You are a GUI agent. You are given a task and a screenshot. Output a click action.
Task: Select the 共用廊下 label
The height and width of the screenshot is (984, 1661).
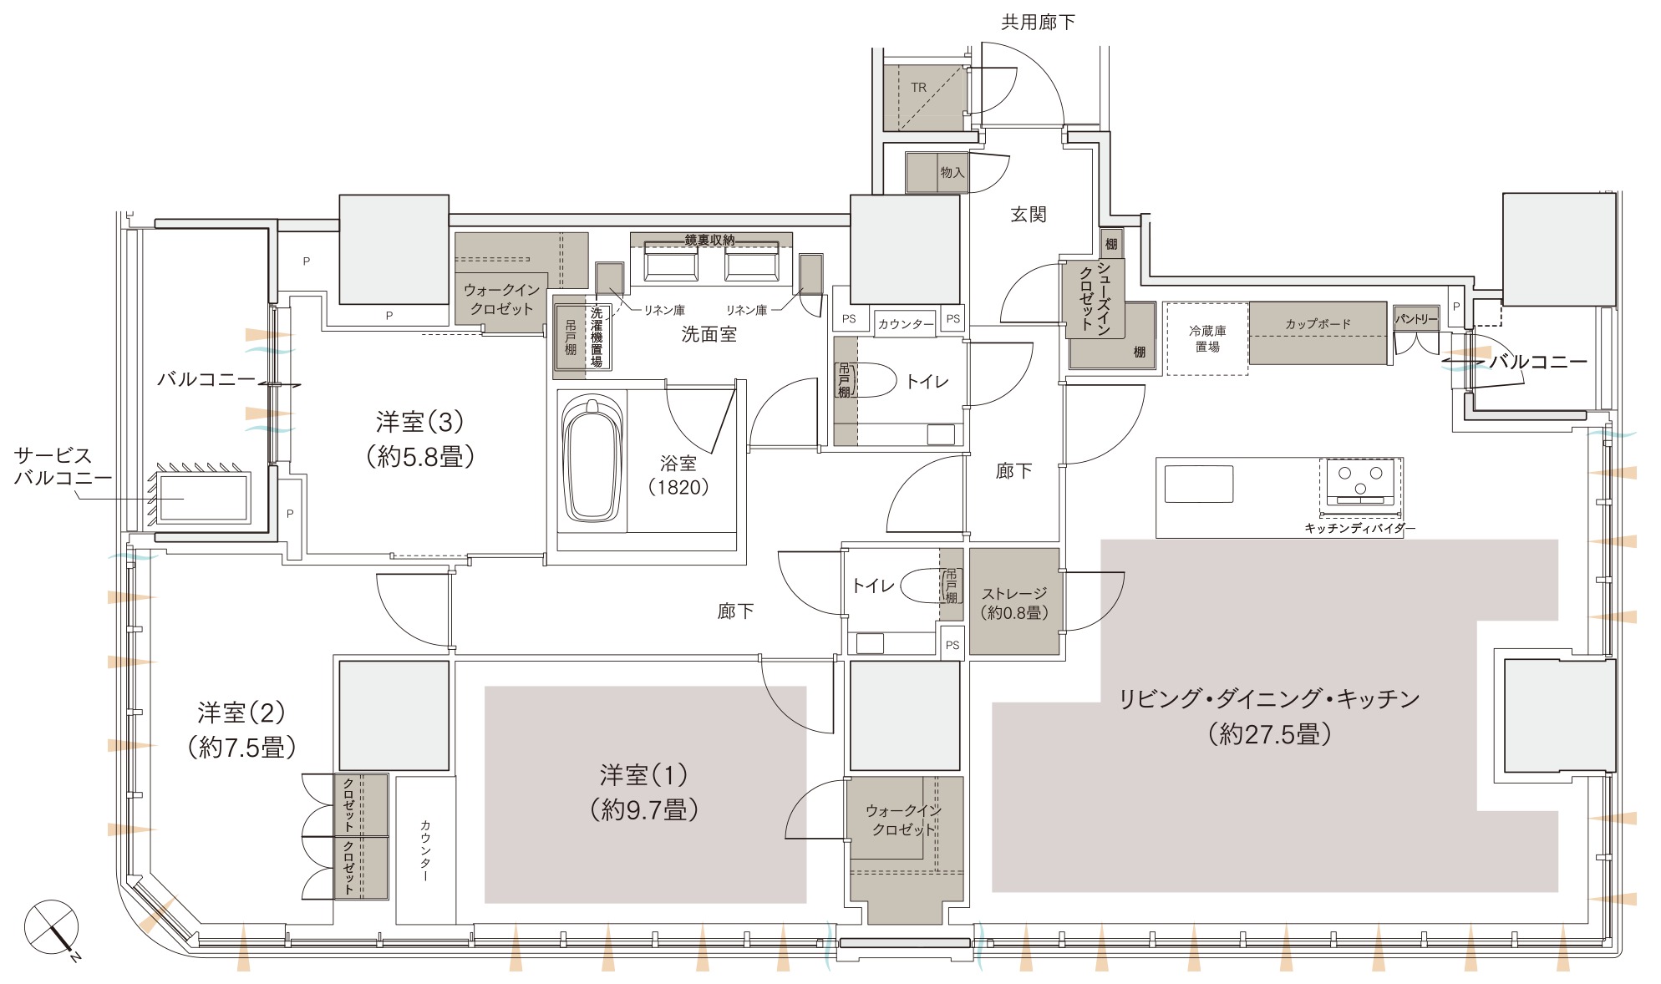click(x=1038, y=23)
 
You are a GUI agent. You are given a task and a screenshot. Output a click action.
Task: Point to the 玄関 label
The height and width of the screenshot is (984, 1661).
click(x=1029, y=215)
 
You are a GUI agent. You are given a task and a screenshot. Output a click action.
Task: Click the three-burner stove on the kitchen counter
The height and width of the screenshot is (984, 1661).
click(x=1360, y=483)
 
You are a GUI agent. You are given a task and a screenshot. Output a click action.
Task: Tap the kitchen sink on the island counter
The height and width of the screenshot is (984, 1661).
click(x=1199, y=484)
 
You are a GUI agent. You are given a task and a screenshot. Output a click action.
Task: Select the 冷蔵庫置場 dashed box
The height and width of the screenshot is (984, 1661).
click(x=1207, y=338)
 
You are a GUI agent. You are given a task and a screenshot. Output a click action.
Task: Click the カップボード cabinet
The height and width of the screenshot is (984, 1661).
click(x=1318, y=332)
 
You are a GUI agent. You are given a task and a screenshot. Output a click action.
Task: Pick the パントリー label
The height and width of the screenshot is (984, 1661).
click(x=1415, y=319)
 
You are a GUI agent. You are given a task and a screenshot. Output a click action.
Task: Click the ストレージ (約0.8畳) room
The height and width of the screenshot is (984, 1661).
click(x=1014, y=601)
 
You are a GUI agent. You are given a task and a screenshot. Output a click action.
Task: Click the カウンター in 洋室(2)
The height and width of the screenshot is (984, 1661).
click(x=425, y=850)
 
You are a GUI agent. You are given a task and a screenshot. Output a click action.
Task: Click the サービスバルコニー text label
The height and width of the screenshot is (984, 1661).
click(x=63, y=467)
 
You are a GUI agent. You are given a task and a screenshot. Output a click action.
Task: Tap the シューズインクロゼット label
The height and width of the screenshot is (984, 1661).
click(x=1095, y=299)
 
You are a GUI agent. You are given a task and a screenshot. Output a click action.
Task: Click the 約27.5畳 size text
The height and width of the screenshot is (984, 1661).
click(x=1269, y=734)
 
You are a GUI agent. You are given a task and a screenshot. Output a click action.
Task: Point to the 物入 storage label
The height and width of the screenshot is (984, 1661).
click(x=952, y=173)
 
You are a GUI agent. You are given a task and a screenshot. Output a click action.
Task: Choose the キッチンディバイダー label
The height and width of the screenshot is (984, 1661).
click(x=1360, y=529)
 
